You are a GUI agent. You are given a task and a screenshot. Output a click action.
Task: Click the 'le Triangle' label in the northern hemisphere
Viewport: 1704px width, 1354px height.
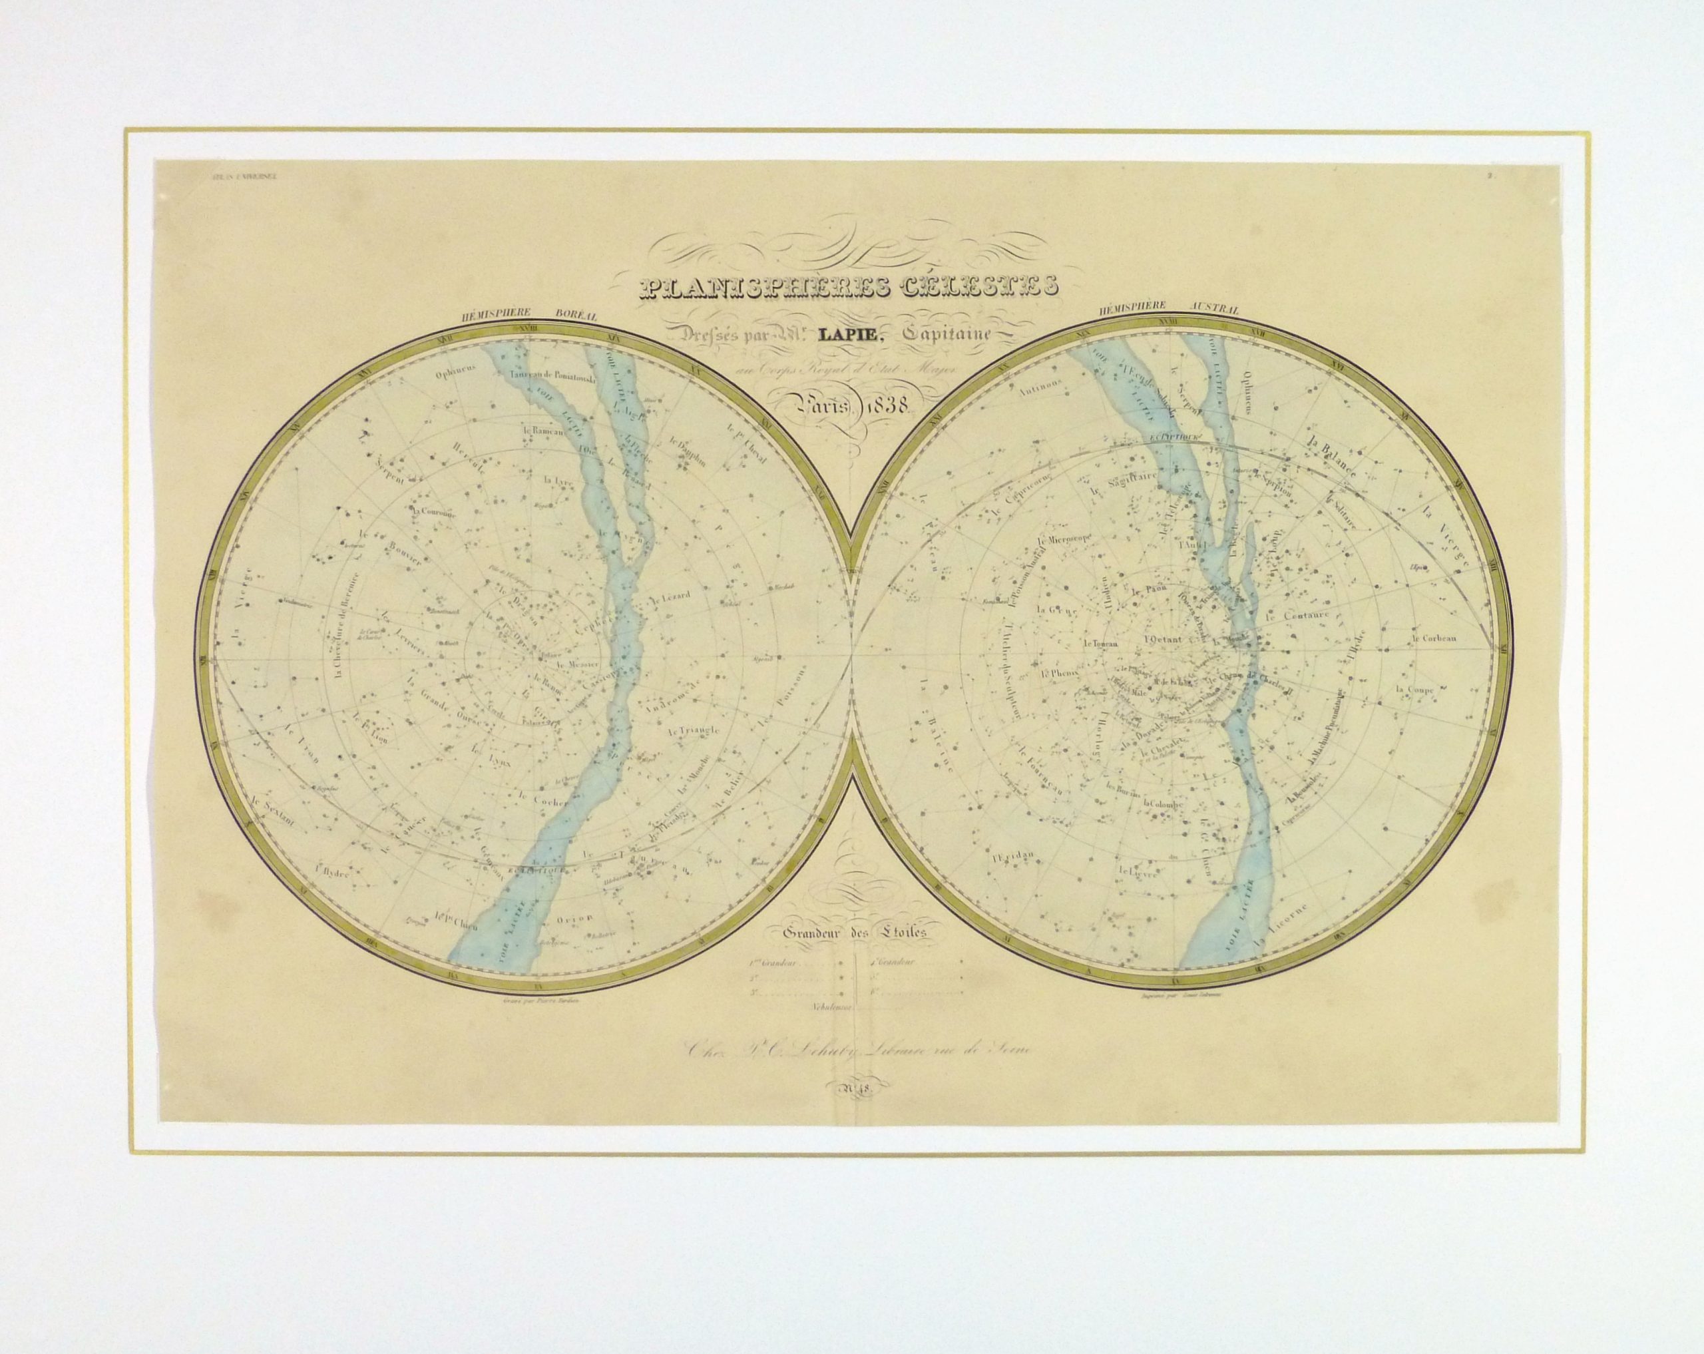pyautogui.click(x=693, y=730)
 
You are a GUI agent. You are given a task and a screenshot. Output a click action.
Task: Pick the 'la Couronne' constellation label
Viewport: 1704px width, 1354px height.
pyautogui.click(x=434, y=512)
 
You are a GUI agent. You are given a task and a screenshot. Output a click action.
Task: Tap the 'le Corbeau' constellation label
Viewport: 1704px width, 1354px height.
pyautogui.click(x=1434, y=637)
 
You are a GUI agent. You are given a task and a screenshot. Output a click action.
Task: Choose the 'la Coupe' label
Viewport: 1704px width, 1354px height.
pyautogui.click(x=1414, y=688)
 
